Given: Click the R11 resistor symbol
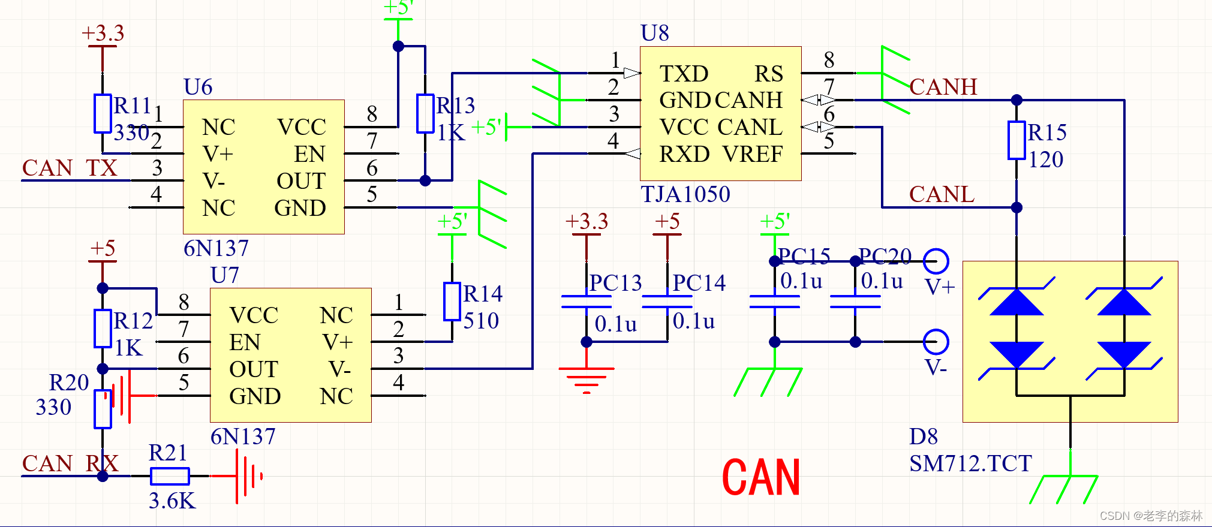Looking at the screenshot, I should coord(103,113).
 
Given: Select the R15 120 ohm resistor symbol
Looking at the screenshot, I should coord(1016,140).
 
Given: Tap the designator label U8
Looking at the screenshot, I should coord(654,33).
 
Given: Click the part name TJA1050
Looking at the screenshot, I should coord(685,194).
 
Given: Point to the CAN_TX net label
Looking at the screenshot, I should coord(70,168).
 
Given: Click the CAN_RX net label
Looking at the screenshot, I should coord(70,463).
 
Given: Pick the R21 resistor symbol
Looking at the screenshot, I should coord(170,476).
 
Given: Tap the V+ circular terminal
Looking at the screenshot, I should coord(936,261).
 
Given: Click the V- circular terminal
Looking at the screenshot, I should coord(936,342).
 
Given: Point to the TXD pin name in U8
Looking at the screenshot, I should coord(684,74).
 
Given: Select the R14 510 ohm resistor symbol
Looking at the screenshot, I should coord(452,302).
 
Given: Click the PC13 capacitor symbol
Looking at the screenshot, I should coord(586,302).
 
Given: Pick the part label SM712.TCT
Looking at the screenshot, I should coord(970,463).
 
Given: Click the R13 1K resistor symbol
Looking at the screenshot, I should coord(425,113).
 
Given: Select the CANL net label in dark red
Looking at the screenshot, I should coord(942,194).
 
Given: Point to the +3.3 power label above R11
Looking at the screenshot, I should coord(103,33).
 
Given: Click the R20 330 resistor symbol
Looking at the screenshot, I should coord(103,409).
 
